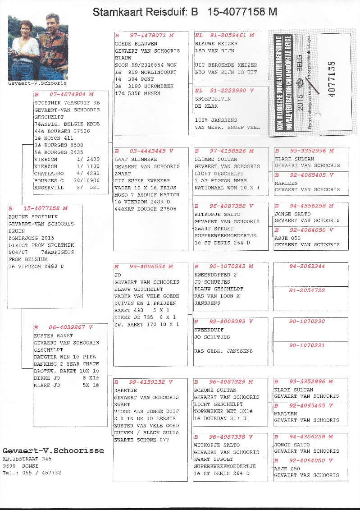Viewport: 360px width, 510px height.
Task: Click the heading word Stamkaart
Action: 118,12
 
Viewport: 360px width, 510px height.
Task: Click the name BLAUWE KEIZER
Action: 216,44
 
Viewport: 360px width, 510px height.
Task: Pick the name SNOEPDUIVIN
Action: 213,98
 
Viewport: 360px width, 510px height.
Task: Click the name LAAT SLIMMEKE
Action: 130,159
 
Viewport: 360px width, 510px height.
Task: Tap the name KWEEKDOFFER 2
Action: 215,275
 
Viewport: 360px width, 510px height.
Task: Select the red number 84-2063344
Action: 307,266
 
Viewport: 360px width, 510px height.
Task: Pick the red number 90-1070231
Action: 307,345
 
